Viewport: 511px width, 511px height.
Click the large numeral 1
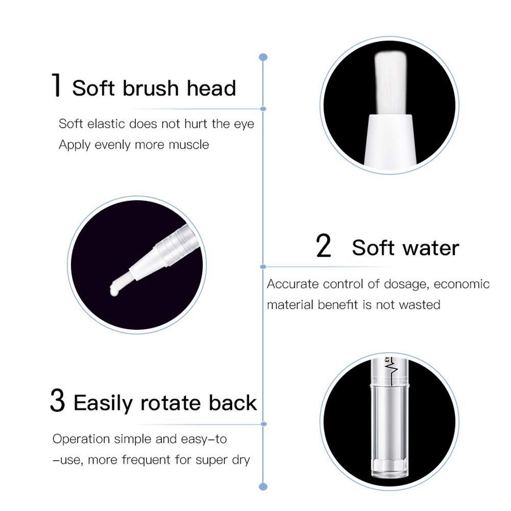[57, 86]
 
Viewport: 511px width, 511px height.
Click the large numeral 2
[324, 246]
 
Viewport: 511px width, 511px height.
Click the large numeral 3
[58, 401]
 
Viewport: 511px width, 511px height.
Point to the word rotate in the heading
[174, 403]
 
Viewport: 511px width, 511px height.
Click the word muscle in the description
[190, 144]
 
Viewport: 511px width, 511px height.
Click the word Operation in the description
[81, 439]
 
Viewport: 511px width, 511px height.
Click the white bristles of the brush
[391, 84]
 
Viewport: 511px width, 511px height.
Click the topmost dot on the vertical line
[263, 56]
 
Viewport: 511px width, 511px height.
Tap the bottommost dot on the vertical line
[263, 486]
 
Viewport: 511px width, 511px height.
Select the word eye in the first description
[245, 124]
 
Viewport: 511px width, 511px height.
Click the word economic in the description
[462, 284]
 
